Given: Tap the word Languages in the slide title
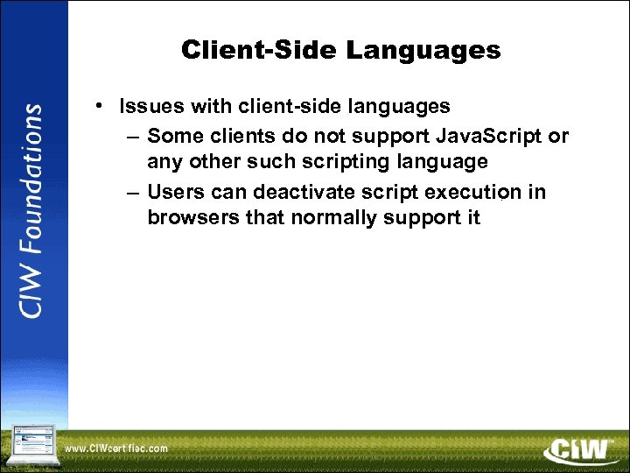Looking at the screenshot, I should coord(423,51).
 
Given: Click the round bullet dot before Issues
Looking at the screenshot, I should coord(102,107).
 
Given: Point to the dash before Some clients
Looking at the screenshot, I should coord(131,138).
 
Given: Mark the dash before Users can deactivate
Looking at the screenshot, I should coord(131,192).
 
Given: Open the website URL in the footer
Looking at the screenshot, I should coord(116,449).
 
